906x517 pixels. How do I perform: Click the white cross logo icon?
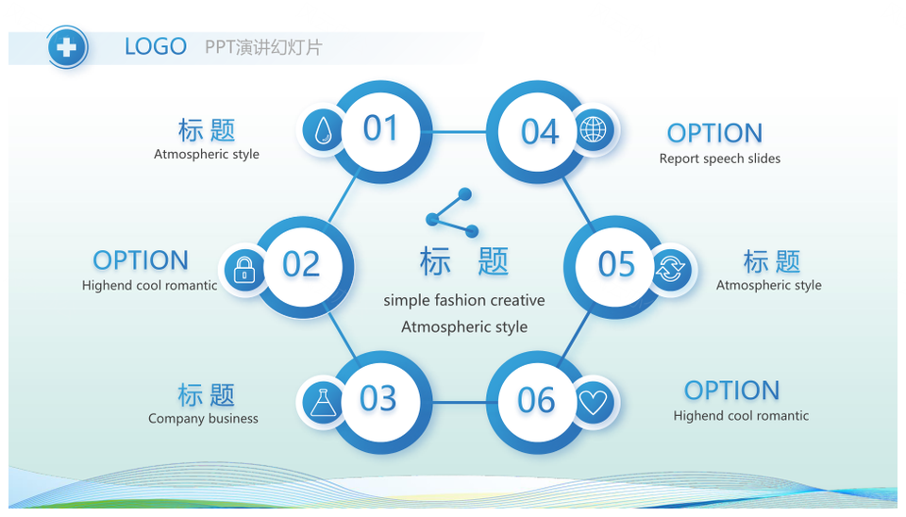(x=67, y=47)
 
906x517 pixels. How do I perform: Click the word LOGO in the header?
(x=156, y=47)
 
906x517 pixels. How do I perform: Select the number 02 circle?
(x=303, y=267)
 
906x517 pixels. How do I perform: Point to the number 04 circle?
(x=537, y=132)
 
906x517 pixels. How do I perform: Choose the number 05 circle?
(x=615, y=267)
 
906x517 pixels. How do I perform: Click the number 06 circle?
(x=537, y=402)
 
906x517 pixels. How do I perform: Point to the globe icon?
(x=594, y=129)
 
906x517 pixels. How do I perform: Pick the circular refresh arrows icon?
(x=670, y=269)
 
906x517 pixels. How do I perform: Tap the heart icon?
(x=594, y=402)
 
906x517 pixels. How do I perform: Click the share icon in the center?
(x=452, y=212)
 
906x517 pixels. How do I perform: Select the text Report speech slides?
(x=720, y=158)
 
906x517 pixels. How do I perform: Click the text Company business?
(x=204, y=418)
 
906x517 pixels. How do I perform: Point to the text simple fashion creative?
(x=464, y=300)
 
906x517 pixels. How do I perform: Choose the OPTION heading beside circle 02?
(x=141, y=260)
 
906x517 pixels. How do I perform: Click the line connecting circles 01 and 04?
(x=460, y=132)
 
